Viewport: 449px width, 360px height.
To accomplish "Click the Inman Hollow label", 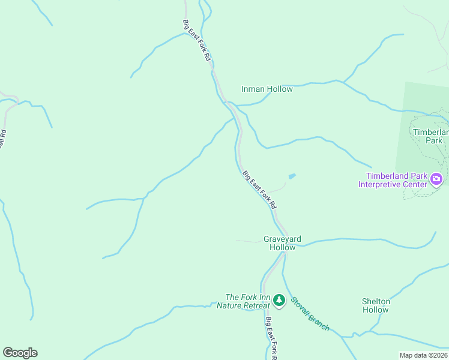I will point(267,89).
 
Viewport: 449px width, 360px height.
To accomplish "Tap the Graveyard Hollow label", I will point(282,243).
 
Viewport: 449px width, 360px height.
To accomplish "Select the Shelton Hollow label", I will point(376,305).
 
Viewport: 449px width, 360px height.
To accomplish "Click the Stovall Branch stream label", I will point(310,314).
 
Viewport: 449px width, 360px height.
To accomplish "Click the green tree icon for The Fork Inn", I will point(279,299).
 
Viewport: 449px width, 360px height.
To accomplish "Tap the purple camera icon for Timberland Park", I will point(436,178).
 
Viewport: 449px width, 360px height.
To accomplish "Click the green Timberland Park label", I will point(431,136).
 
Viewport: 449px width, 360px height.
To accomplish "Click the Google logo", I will point(20,353).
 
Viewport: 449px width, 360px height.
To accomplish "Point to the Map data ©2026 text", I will point(423,355).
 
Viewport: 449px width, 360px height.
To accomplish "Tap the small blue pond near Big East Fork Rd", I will point(292,176).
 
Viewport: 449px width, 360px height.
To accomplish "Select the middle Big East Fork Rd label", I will point(260,190).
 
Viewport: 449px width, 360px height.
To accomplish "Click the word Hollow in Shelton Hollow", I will point(376,310).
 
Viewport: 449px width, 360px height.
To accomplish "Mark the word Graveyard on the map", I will point(282,239).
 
